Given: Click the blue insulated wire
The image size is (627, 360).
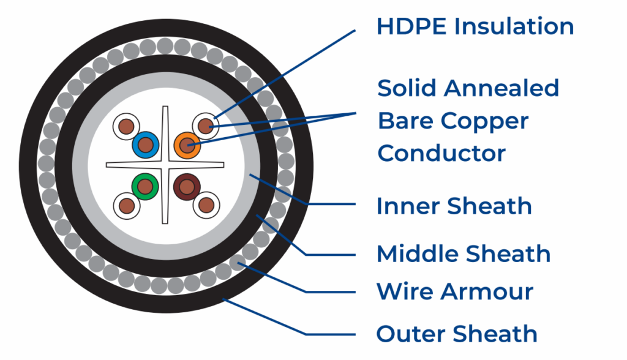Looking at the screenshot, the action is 146,145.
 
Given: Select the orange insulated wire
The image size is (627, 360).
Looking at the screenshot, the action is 187,145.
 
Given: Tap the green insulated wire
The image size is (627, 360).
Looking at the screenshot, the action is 145,187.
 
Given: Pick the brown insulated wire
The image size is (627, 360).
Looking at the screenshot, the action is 187,187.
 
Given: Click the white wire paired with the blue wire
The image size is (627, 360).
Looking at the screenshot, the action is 126,126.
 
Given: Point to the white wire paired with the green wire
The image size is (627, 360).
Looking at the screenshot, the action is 127,206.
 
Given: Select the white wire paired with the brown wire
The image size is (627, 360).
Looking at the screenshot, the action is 206,206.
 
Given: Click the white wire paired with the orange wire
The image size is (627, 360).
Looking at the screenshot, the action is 206,126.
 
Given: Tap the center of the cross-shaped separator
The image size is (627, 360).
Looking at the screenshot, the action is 165,165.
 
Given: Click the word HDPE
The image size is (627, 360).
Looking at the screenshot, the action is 411,26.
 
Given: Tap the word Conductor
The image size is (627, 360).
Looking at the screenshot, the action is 441,153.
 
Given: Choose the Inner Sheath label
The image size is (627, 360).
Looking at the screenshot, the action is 454,206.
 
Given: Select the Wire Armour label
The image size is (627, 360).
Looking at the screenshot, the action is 455,291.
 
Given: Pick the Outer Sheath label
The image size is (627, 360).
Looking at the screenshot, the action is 457,334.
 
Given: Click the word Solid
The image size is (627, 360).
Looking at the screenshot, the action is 407,88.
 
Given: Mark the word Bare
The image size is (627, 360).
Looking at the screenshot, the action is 405,121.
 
